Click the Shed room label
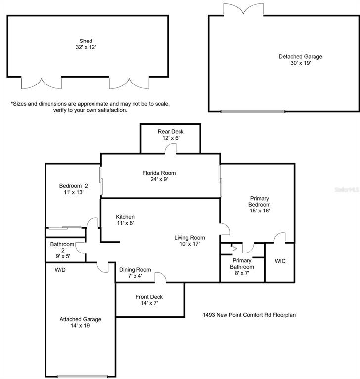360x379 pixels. [x=86, y=41]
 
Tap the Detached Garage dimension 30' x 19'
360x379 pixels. [x=301, y=63]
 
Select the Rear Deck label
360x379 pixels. [x=171, y=132]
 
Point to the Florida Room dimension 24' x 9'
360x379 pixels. [x=159, y=179]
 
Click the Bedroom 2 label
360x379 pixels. [x=73, y=186]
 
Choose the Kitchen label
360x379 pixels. [x=125, y=217]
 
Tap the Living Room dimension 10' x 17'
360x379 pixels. [x=189, y=244]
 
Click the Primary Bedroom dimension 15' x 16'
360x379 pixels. [x=259, y=211]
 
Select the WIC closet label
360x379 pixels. [x=280, y=261]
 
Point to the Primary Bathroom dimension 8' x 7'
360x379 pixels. [x=242, y=273]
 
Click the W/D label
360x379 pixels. [x=60, y=270]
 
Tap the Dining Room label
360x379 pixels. [x=135, y=270]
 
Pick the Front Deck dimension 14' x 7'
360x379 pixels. [x=149, y=303]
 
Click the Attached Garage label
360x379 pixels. [x=80, y=319]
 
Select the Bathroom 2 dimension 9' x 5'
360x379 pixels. [x=63, y=256]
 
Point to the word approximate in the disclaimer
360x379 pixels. [x=92, y=104]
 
